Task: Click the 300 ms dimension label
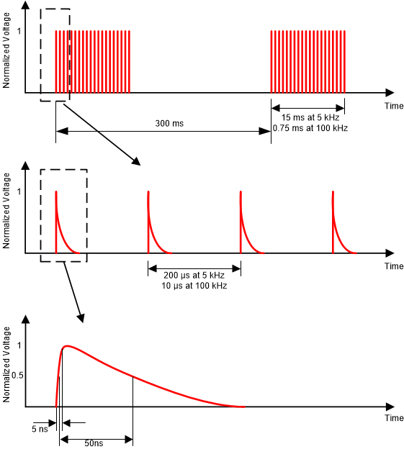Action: pos(169,124)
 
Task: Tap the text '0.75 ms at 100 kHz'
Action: pos(308,128)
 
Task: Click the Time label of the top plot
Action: pos(393,106)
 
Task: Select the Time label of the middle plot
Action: pos(393,266)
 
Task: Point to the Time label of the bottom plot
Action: pos(393,418)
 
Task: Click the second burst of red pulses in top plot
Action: pos(308,62)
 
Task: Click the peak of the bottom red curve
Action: pos(67,346)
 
